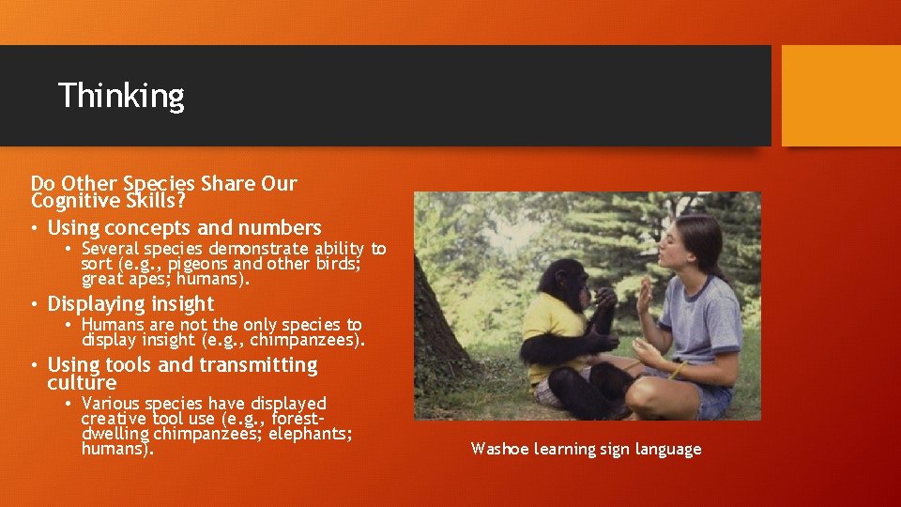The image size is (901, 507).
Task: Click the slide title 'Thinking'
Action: (x=121, y=96)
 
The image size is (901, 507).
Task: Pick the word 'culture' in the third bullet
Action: (x=82, y=383)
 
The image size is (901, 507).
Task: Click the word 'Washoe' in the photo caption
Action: (x=499, y=449)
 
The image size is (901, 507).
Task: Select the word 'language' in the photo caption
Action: (x=666, y=449)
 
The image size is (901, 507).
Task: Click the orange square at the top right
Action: (x=840, y=96)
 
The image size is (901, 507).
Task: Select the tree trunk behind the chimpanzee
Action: (x=441, y=319)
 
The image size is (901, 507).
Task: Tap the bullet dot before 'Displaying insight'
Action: (x=35, y=304)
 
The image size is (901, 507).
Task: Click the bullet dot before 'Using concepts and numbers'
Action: (x=35, y=228)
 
